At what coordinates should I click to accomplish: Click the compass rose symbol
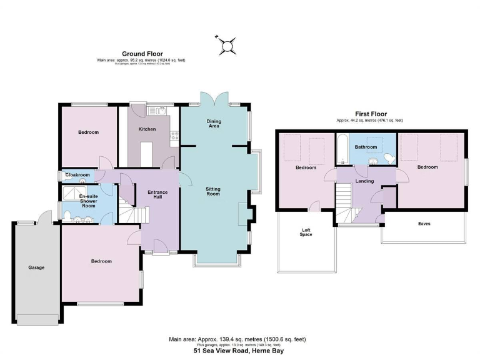[x=228, y=44]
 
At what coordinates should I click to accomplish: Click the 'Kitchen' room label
[x=147, y=129]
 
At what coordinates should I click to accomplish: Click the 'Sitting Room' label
[x=214, y=192]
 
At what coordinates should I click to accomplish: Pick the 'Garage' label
[x=36, y=267]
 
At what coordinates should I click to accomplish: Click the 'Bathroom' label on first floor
[x=366, y=147]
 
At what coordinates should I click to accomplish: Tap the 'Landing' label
[x=364, y=181]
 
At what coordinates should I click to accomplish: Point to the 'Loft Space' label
[x=306, y=232]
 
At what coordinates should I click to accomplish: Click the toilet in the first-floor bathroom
[x=388, y=157]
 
